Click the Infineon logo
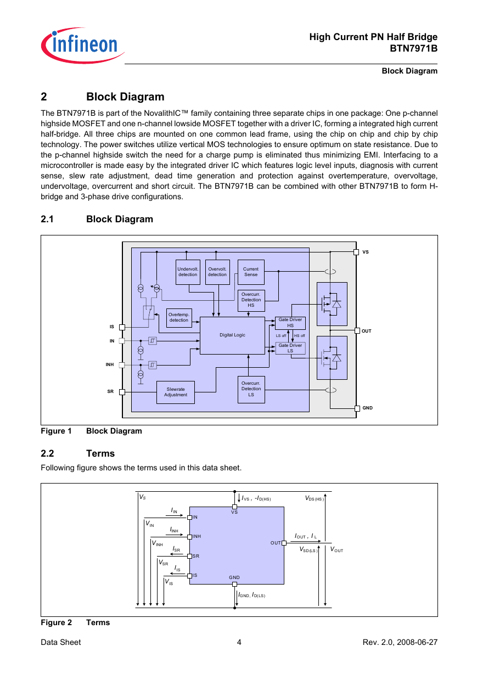pyautogui.click(x=83, y=45)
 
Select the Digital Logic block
pyautogui.click(x=232, y=335)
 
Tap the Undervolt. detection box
pyautogui.click(x=188, y=272)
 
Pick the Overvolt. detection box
pyautogui.click(x=217, y=272)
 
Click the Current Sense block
pyautogui.click(x=251, y=272)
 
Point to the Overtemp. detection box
pyautogui.click(x=179, y=318)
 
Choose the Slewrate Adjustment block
pyautogui.click(x=176, y=392)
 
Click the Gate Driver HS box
pyautogui.click(x=290, y=323)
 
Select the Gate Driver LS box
pyautogui.click(x=290, y=348)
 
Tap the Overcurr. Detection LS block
pyautogui.click(x=251, y=389)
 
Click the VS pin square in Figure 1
pyautogui.click(x=356, y=252)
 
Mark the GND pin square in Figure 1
pyautogui.click(x=357, y=408)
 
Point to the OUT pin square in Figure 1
pyautogui.click(x=357, y=330)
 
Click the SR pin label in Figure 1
pyautogui.click(x=110, y=391)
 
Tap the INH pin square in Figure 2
pyautogui.click(x=189, y=537)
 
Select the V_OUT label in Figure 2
pyautogui.click(x=336, y=549)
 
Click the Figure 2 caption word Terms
pyautogui.click(x=98, y=622)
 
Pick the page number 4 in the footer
pyautogui.click(x=239, y=642)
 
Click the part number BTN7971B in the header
pyautogui.click(x=413, y=48)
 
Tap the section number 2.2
pyautogui.click(x=47, y=453)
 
